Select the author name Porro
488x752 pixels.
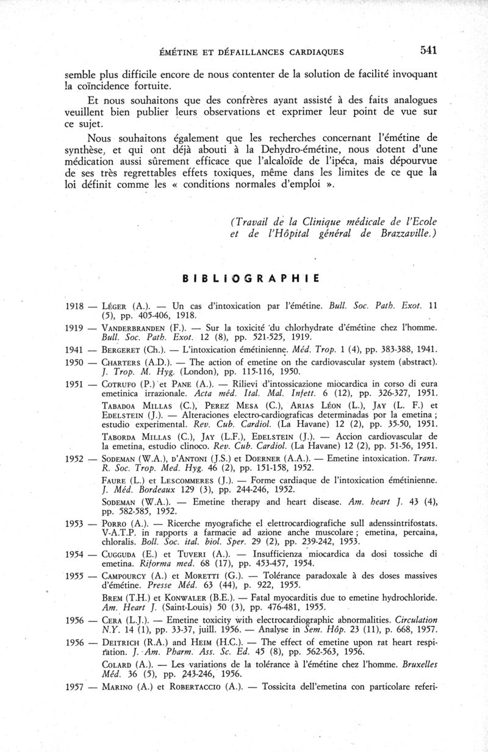pos(115,525)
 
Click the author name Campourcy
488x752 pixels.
pos(126,576)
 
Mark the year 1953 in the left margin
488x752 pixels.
pos(74,525)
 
